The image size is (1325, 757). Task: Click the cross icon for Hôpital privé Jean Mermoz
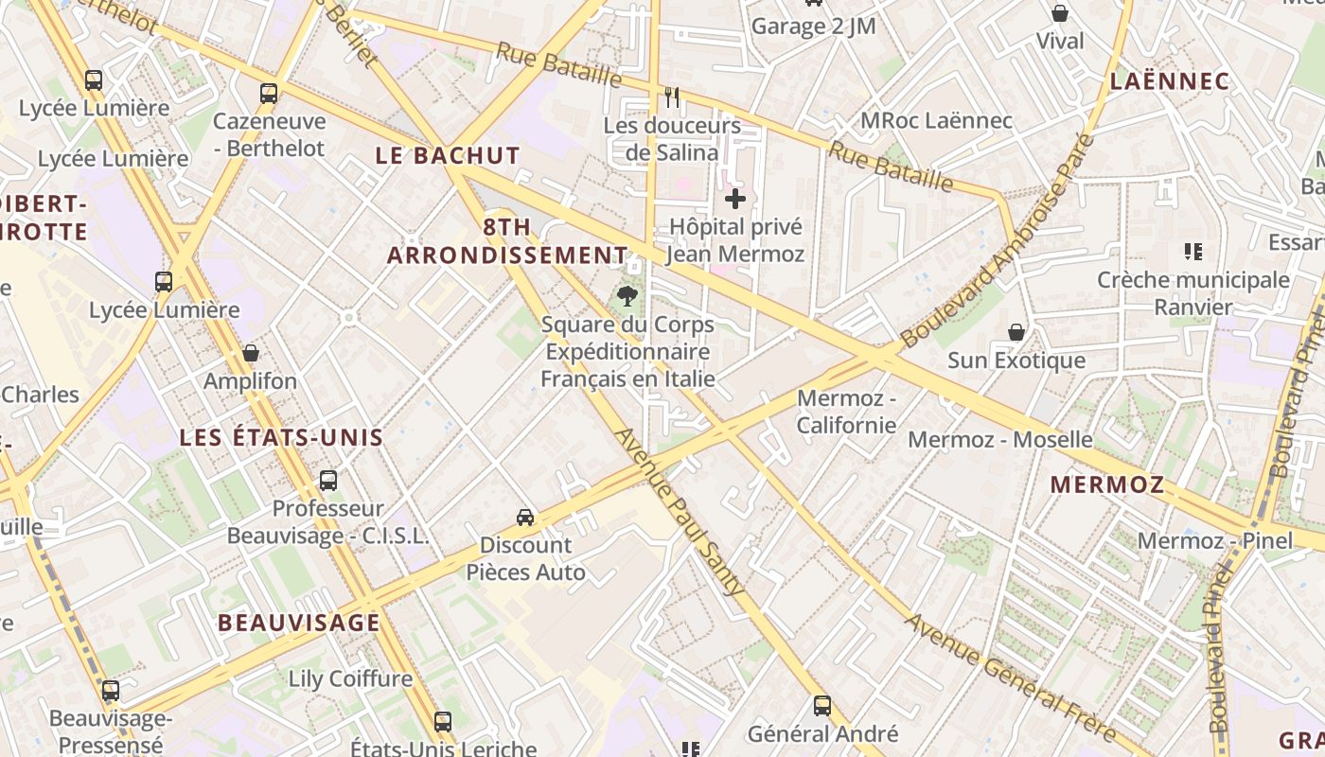tap(734, 199)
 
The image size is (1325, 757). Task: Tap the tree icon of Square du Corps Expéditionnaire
tap(627, 296)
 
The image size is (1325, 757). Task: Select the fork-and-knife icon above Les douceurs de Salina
tap(672, 97)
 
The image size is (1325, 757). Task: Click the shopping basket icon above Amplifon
tap(251, 353)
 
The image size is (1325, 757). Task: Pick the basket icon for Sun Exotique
tap(1016, 332)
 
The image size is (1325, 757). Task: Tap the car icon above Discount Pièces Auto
tap(525, 517)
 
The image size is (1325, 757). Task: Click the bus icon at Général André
tap(822, 705)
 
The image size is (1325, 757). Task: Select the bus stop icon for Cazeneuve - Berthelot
tap(269, 93)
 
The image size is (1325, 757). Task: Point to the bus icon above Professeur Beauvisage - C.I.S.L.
tap(327, 481)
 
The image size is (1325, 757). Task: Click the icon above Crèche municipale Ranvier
tap(1192, 252)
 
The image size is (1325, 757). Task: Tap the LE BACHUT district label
tap(448, 156)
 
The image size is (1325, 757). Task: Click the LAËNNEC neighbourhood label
tap(1170, 81)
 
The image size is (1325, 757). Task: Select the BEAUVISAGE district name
tap(299, 623)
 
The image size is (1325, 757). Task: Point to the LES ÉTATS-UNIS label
tap(281, 437)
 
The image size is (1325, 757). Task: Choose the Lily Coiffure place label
tap(350, 678)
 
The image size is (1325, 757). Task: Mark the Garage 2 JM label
tap(813, 26)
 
